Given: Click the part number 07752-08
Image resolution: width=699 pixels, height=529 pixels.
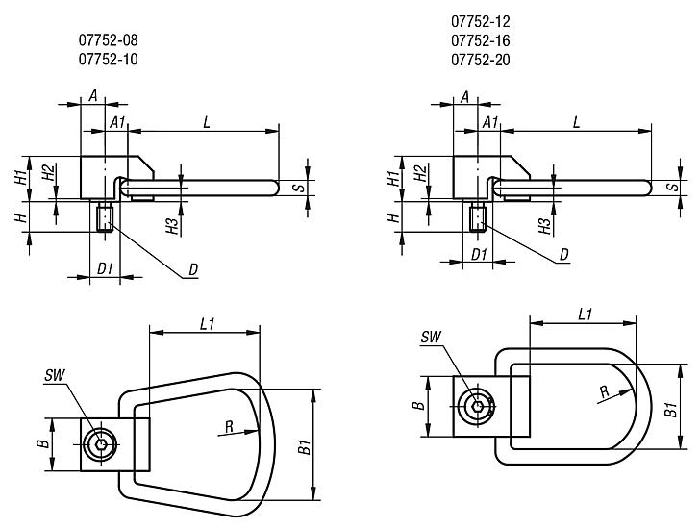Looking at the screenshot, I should [113, 40].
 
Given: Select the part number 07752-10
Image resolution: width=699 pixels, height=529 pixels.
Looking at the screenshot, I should [113, 60].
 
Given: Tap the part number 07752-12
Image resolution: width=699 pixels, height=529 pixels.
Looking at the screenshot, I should [480, 21].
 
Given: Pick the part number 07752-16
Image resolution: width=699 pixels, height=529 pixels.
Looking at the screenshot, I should [480, 40].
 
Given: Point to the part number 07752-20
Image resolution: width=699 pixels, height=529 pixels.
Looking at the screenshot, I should [480, 60].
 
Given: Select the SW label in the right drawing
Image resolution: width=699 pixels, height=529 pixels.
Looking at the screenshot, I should [431, 337].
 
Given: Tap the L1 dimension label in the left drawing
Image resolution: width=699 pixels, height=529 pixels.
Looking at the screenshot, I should [206, 325].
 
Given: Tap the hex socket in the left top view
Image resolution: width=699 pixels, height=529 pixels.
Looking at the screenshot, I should [99, 444].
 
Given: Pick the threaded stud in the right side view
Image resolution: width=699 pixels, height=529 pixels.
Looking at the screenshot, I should [479, 219].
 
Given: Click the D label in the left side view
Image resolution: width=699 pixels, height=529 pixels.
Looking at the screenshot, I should [192, 270].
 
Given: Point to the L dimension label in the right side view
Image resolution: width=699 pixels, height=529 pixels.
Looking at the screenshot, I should [576, 122].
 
